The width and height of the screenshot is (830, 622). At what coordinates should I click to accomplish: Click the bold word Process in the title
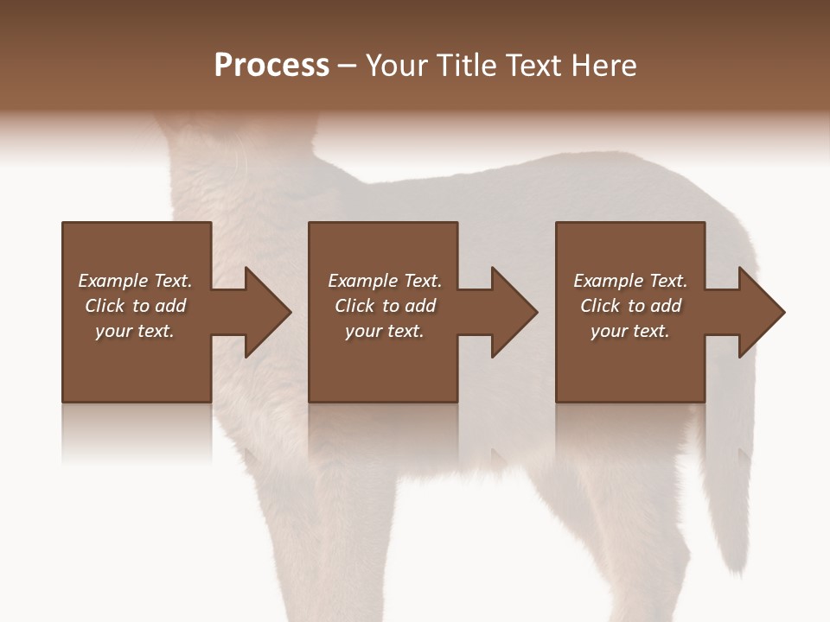click(x=271, y=66)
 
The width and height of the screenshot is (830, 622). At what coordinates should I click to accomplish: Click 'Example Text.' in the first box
click(x=135, y=281)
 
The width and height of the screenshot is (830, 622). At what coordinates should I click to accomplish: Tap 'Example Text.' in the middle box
click(x=385, y=281)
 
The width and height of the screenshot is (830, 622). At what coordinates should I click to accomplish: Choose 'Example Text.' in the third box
click(x=630, y=281)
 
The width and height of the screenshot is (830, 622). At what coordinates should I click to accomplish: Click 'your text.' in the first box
click(x=135, y=331)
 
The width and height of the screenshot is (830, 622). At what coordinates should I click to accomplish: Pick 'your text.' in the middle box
click(x=385, y=331)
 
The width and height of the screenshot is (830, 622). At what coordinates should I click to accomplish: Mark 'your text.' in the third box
click(x=630, y=331)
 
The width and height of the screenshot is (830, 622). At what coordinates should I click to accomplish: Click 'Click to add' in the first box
click(x=135, y=306)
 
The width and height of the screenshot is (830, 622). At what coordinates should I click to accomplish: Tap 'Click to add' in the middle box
click(x=385, y=306)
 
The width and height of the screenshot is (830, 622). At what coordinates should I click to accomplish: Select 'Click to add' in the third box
click(x=630, y=306)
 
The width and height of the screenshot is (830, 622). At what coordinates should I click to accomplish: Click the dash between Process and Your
click(x=347, y=67)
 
